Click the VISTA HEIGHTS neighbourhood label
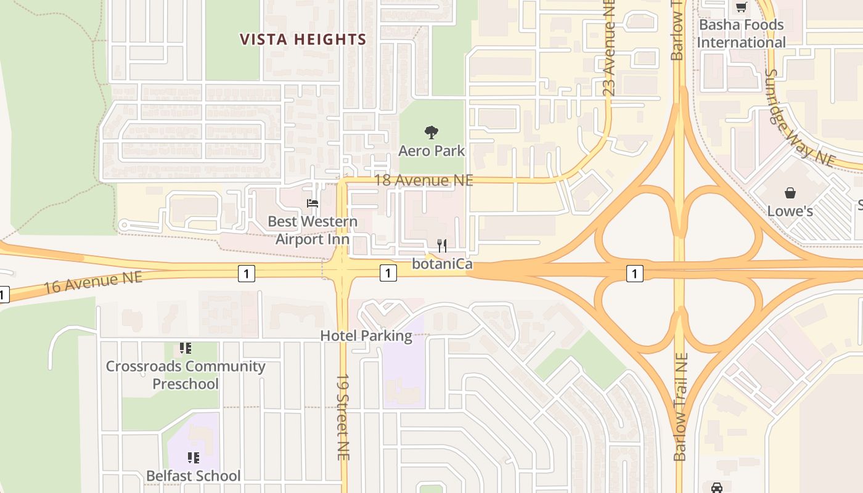(x=303, y=40)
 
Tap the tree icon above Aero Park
(x=431, y=132)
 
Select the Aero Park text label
(x=431, y=151)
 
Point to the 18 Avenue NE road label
(x=424, y=180)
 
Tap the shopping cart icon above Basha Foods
(x=741, y=7)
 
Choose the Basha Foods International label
(x=741, y=34)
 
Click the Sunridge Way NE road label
(x=798, y=117)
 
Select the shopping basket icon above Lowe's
(x=790, y=193)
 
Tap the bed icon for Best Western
(x=313, y=203)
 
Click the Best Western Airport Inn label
(x=313, y=230)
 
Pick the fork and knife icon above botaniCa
(x=441, y=246)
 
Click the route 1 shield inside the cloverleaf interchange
(x=634, y=273)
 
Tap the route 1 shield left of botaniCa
(x=388, y=272)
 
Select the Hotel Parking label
(x=366, y=336)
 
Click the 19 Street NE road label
(x=343, y=417)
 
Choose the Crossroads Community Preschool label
(x=186, y=375)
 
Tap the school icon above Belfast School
(x=194, y=458)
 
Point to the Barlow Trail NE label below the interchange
(x=680, y=407)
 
